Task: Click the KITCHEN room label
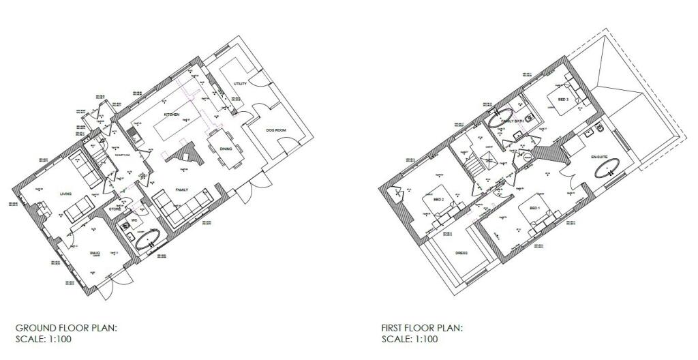coord(171,115)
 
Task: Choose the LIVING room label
coord(66,193)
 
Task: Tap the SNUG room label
coord(95,253)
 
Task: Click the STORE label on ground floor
coord(115,209)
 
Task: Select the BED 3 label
coord(563,100)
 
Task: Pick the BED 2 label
coord(439,200)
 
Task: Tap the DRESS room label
coord(461,252)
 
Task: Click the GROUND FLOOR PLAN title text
coord(66,328)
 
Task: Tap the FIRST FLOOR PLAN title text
coord(422,328)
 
